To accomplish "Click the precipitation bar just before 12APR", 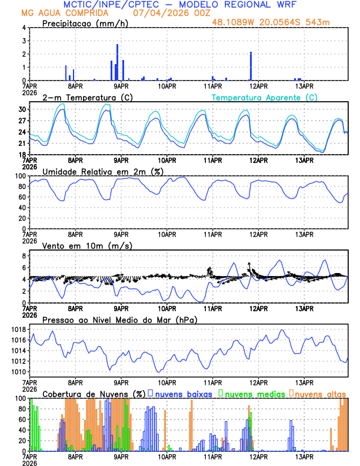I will tap(251, 66).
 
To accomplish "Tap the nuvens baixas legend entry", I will tap(185, 393).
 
